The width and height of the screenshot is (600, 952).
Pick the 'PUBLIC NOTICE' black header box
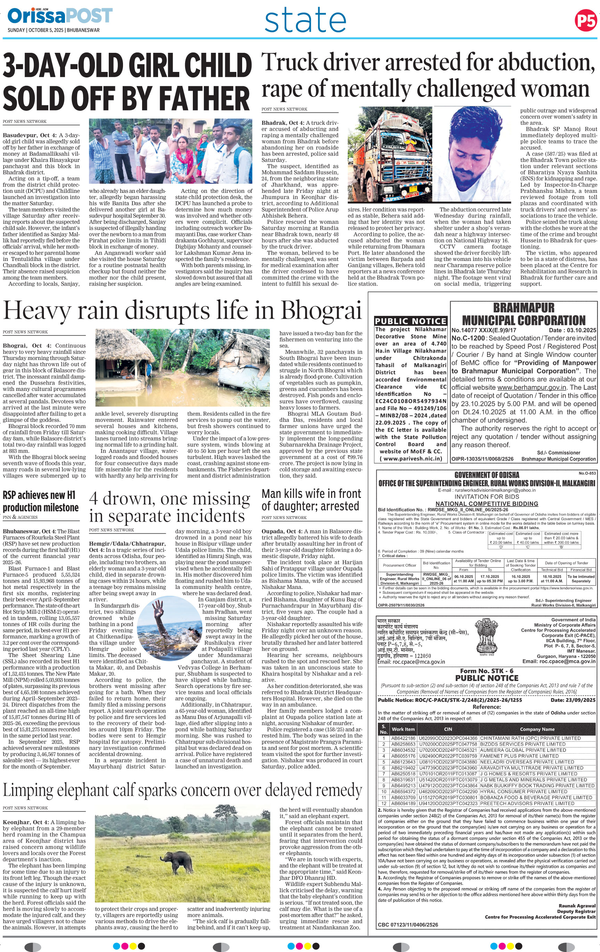(411, 321)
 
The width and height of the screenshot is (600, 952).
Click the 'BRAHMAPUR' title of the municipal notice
(524, 307)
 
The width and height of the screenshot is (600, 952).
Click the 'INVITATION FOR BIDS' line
(486, 496)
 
